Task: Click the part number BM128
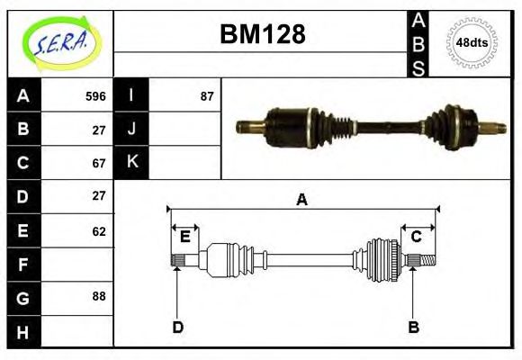263,34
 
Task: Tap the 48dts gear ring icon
472,43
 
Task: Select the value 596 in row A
95,96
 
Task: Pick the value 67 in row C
99,163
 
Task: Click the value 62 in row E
99,231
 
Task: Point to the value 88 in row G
99,297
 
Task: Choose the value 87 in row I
207,96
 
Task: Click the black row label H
23,331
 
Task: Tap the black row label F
23,265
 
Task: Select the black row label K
132,162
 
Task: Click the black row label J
132,129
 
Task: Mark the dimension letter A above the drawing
302,200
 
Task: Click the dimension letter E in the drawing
184,237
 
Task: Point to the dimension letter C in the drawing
417,237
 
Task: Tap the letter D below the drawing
177,327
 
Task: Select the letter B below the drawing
414,327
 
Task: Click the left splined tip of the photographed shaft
244,126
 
